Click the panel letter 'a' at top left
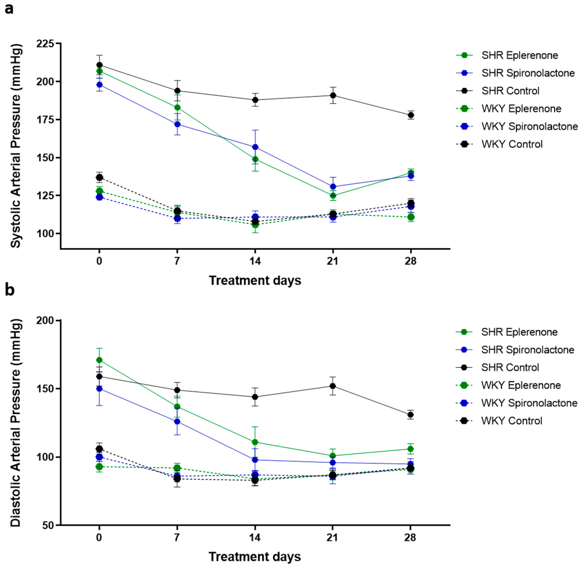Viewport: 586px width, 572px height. click(x=9, y=9)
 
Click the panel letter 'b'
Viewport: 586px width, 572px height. click(x=10, y=290)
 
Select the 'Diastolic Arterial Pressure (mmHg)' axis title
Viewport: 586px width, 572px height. click(x=16, y=423)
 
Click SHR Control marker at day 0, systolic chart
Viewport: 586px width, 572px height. click(x=99, y=65)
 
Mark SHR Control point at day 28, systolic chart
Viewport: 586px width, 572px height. click(x=411, y=115)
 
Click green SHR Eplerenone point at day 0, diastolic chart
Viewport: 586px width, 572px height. click(x=99, y=360)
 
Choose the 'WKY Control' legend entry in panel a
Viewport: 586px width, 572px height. click(x=512, y=144)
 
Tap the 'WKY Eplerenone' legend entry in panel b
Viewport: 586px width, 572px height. click(x=521, y=385)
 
